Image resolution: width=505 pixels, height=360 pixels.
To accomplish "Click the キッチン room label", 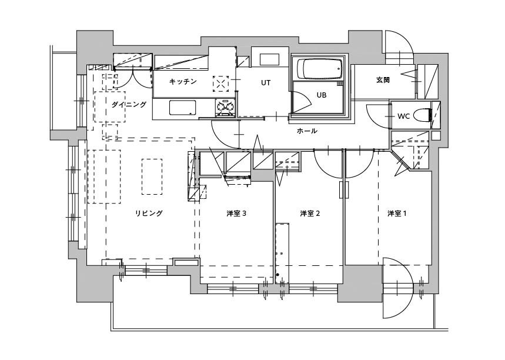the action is tap(183, 82).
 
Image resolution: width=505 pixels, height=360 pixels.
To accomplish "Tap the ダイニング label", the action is tap(129, 105).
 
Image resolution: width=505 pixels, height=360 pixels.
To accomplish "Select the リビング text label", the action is tap(149, 213).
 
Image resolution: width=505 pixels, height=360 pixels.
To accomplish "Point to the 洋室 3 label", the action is tap(236, 214).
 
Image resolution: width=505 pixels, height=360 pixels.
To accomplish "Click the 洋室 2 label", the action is tap(310, 214).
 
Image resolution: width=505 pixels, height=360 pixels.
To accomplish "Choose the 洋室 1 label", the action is tap(397, 214).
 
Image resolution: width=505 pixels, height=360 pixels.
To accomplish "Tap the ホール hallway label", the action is tap(307, 131).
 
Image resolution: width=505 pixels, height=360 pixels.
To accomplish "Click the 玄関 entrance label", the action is tap(383, 79).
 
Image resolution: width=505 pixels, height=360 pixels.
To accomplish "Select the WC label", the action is tap(403, 116).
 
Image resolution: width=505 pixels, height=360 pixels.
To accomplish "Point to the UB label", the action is tap(322, 95).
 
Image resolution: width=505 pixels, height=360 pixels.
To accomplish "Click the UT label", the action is tap(266, 83).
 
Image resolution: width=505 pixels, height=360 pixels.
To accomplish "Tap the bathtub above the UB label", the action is tap(319, 69).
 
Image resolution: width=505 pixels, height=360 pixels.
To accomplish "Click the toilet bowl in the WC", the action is tap(422, 115).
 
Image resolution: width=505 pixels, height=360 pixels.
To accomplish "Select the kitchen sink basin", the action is tap(183, 108).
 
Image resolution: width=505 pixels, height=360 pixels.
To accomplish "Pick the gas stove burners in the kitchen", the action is tap(225, 106).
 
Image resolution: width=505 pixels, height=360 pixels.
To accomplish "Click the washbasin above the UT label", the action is tap(269, 60).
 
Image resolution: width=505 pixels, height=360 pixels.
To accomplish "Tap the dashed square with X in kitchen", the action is tap(221, 84).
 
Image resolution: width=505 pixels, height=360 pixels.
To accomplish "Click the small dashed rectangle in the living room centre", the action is tap(152, 176).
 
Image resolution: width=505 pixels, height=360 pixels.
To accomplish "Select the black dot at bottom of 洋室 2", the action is tap(277, 275).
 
